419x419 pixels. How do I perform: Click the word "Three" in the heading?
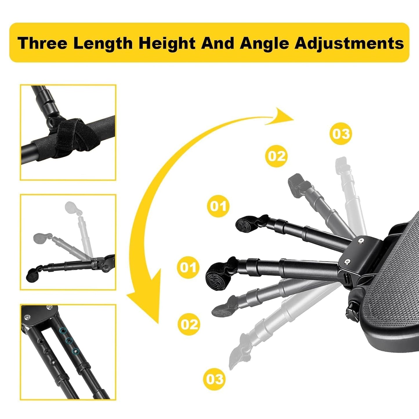point(42,43)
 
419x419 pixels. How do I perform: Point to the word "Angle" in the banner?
point(264,43)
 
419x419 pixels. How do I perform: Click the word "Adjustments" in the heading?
point(349,43)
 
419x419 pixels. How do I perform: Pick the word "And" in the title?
point(218,43)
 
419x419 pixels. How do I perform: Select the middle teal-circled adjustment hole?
point(69,341)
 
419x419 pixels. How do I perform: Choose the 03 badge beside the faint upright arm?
point(341,134)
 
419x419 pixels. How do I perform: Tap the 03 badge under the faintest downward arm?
point(215,379)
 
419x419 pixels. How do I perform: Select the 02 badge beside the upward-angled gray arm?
point(276,156)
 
